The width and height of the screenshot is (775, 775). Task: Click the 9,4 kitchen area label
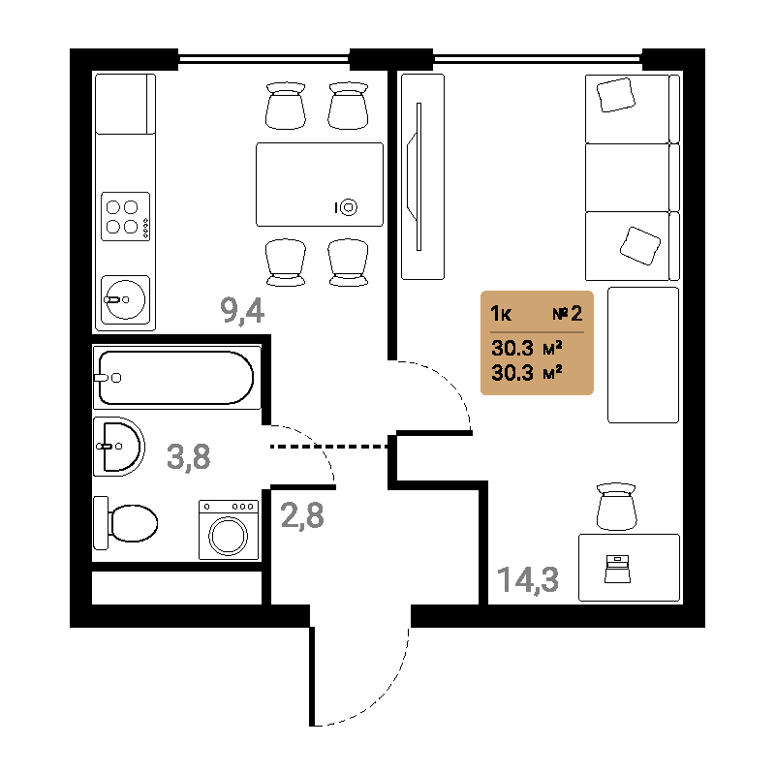click(242, 311)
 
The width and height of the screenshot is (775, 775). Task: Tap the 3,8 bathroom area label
click(188, 456)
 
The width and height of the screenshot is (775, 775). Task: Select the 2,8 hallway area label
click(302, 515)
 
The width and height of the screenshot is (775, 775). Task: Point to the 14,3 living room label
click(528, 579)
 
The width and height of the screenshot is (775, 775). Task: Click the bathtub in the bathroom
click(176, 378)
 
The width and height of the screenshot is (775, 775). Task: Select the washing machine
click(229, 530)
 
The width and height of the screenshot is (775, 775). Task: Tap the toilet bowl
click(126, 523)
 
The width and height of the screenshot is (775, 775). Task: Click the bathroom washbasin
click(118, 447)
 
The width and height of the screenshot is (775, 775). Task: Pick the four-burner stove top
click(126, 216)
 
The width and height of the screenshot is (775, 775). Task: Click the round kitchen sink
click(125, 299)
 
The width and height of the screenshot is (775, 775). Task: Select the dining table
click(320, 184)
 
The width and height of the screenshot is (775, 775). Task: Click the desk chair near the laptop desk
click(616, 507)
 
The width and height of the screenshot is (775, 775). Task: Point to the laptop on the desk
click(617, 569)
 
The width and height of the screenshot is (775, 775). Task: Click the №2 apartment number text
click(568, 313)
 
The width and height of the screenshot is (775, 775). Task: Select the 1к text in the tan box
click(501, 314)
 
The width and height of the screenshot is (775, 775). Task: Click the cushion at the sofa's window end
click(615, 94)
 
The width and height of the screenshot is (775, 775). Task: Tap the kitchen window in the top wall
click(263, 59)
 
